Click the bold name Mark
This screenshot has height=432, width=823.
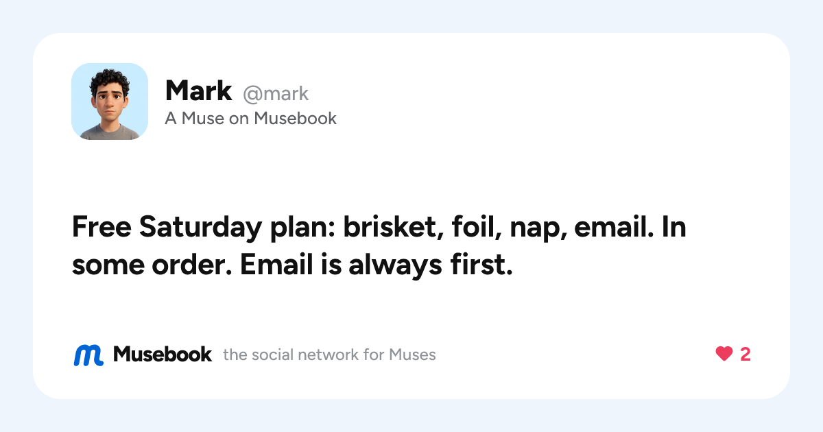(198, 91)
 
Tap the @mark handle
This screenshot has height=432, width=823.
(276, 94)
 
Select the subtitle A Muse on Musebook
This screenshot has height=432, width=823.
(250, 118)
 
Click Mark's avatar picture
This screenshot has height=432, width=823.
(110, 101)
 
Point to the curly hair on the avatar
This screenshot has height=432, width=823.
(109, 79)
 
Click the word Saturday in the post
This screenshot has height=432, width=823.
(200, 228)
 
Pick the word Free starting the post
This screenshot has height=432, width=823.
(102, 227)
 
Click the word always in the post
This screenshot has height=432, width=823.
(395, 265)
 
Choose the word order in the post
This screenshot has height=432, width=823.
(192, 264)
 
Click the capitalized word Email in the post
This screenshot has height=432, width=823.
(276, 264)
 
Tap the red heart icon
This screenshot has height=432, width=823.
(724, 354)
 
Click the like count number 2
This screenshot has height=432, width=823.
(745, 355)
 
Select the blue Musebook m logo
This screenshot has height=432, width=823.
(88, 355)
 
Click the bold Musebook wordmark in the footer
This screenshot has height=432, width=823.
(162, 355)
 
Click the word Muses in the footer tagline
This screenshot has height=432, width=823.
(412, 355)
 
